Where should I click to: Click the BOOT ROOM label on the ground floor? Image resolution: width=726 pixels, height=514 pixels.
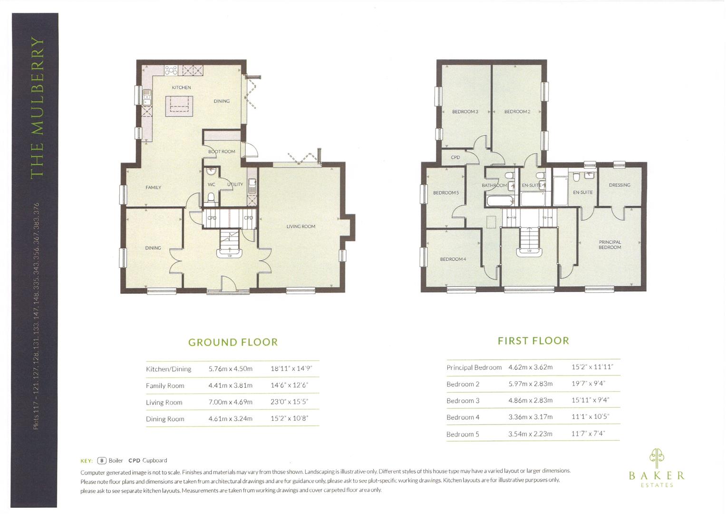[222, 152]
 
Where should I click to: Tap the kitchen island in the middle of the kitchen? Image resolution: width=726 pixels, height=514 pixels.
[179, 106]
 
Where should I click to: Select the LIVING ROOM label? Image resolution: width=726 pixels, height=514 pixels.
[300, 227]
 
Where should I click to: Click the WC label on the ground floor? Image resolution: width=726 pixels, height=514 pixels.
[212, 185]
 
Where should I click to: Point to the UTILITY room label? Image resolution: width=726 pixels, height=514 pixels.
[235, 185]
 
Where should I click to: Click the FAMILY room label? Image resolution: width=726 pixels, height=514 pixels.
[153, 188]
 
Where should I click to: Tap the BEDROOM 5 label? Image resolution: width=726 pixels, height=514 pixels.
[446, 193]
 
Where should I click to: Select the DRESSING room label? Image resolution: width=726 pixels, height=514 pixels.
[620, 185]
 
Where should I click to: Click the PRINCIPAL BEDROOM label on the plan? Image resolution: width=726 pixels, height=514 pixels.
[610, 245]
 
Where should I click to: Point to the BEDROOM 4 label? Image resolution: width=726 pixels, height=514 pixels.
[453, 259]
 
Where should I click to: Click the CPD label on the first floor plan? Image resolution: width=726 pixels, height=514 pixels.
[455, 158]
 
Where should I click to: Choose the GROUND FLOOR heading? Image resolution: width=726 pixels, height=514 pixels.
[233, 342]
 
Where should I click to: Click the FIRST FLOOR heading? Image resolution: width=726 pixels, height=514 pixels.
[533, 341]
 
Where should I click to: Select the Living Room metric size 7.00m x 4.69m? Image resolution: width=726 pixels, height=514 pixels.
[230, 402]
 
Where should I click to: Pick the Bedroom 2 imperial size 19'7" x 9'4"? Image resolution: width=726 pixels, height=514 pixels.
[588, 384]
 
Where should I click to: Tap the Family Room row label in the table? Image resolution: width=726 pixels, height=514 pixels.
[165, 385]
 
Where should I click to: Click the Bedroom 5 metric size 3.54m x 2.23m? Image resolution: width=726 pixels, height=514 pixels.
[530, 434]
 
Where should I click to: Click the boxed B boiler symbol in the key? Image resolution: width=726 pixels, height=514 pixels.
[101, 461]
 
